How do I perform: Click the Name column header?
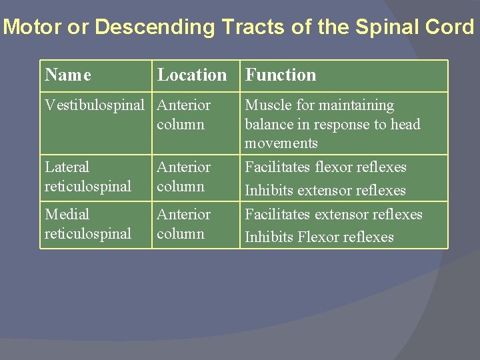68,75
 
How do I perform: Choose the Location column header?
192,75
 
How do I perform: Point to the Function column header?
281,75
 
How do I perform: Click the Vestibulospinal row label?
94,105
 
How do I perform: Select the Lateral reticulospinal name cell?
87,177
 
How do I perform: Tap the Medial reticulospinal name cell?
87,224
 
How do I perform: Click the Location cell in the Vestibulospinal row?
183,115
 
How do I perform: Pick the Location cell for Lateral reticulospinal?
183,177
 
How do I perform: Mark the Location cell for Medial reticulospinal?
183,224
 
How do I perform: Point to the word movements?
281,143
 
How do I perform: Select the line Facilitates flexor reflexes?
325,167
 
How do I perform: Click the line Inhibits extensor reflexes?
325,191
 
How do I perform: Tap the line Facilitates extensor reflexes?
333,215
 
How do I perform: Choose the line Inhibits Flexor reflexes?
319,237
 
